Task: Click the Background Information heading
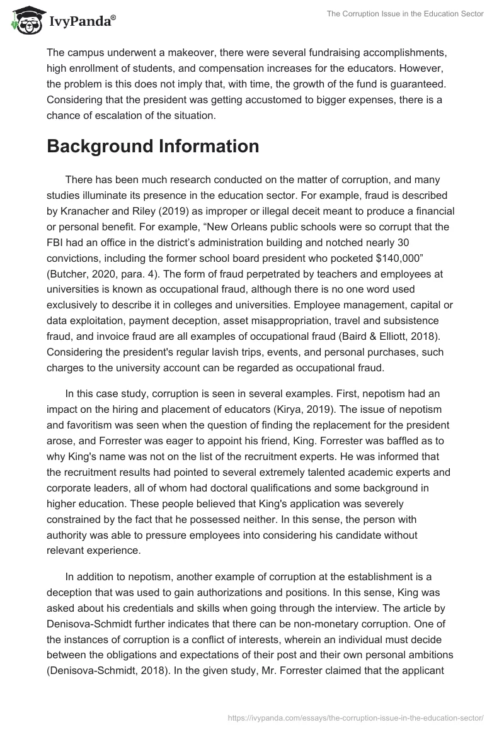tap(152, 146)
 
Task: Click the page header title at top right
tap(405, 14)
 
